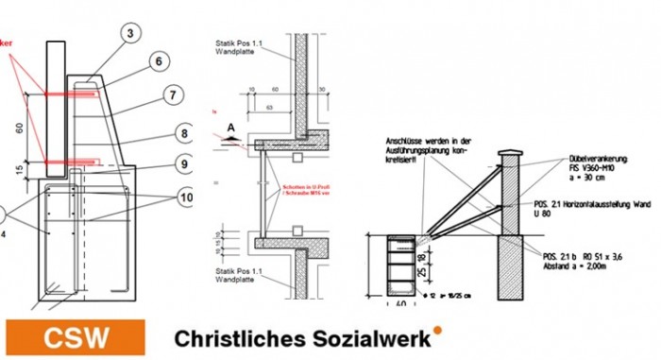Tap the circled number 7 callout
[174, 94]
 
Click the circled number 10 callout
[185, 197]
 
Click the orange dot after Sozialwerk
[437, 330]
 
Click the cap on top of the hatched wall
[511, 154]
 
